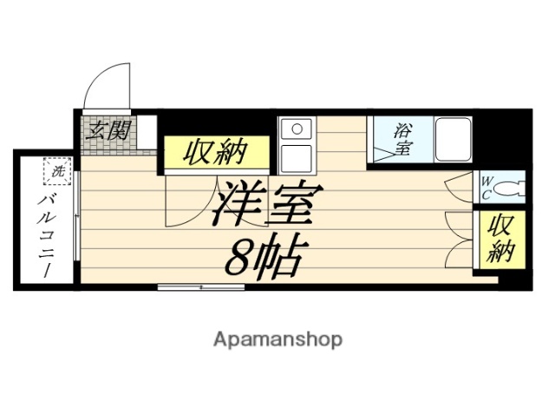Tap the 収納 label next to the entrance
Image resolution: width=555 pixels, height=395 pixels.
pos(215,154)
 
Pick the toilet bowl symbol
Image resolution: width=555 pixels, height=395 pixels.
pos(513,187)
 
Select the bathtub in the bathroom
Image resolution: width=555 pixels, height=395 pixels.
pos(453,138)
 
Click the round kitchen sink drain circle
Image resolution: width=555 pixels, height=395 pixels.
pos(297,130)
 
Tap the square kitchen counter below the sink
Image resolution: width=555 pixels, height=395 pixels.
pos(297,159)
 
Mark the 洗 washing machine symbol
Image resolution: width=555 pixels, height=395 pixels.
pos(57,172)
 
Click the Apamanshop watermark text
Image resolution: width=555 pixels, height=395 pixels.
pos(277,339)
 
